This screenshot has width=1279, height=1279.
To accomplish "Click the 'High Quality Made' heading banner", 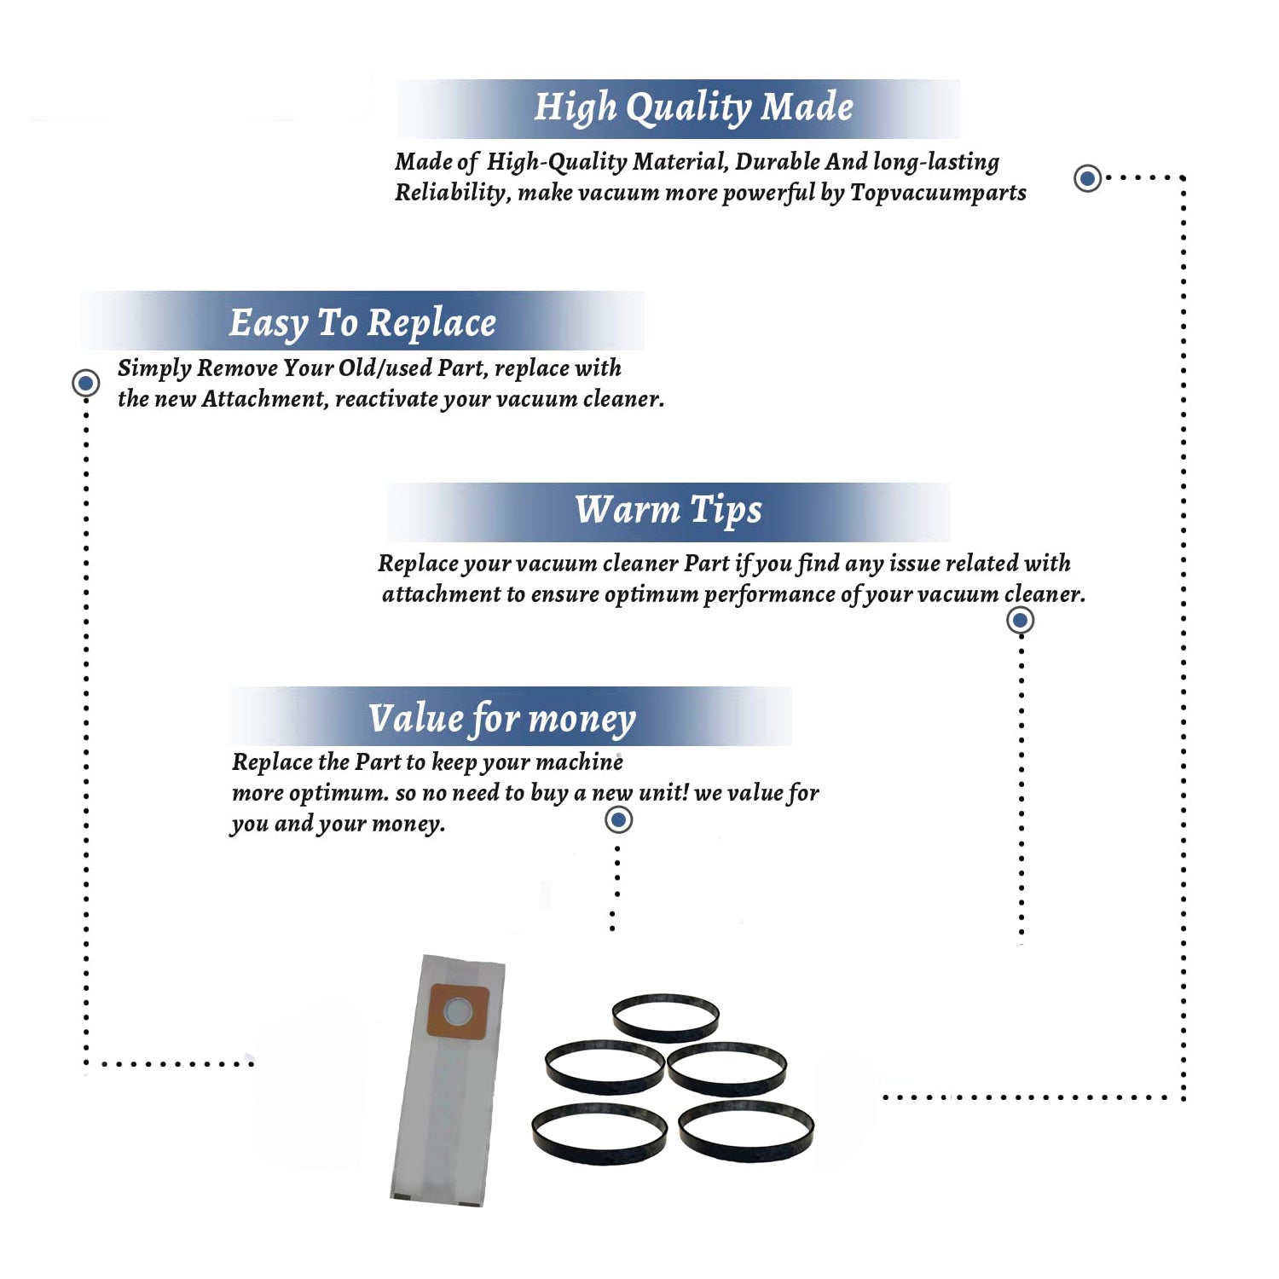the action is (x=678, y=108).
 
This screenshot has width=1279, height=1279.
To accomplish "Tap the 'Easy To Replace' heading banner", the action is (x=362, y=321).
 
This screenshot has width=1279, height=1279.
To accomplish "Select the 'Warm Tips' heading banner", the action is (x=668, y=512).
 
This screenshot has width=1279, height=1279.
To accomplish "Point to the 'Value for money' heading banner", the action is (x=510, y=716).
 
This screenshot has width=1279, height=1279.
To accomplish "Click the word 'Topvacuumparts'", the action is (x=938, y=194).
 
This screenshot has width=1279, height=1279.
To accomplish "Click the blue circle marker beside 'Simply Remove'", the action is (x=85, y=383).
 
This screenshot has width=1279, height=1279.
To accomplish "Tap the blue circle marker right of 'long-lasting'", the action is (x=1087, y=178).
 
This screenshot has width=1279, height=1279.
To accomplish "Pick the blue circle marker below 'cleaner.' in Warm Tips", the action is (x=1021, y=620).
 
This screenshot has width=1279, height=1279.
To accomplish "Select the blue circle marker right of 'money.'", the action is (x=618, y=820).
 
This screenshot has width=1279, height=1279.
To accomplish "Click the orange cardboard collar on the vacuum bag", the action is (x=458, y=1011).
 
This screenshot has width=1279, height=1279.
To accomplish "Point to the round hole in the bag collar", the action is (x=458, y=1011).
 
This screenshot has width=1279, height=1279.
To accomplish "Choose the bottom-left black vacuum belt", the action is (x=599, y=1133).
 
